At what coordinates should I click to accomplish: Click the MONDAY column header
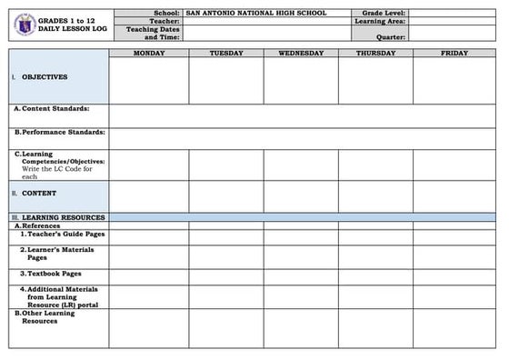coord(149,54)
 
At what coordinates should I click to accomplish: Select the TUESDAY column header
coord(226,54)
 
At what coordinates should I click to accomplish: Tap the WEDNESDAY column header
coord(301,54)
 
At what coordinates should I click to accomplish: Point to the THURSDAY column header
coord(375,54)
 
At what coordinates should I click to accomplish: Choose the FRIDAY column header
coord(454,54)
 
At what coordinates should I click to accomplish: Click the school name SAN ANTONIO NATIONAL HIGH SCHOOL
coord(255,14)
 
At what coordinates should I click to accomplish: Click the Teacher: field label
coord(165,22)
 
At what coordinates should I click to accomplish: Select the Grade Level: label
coord(384,14)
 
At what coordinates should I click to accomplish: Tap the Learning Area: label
coord(380,22)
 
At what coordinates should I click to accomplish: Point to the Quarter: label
coord(390,37)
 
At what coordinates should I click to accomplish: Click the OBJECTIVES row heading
coord(44,77)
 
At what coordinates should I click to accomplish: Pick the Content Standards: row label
coord(55,108)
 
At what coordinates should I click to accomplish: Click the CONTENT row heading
coord(39,194)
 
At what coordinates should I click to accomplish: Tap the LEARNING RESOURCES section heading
coord(63,217)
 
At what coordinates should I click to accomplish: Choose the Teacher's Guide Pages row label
coord(63,234)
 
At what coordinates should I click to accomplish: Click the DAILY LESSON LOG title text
coord(72,30)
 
